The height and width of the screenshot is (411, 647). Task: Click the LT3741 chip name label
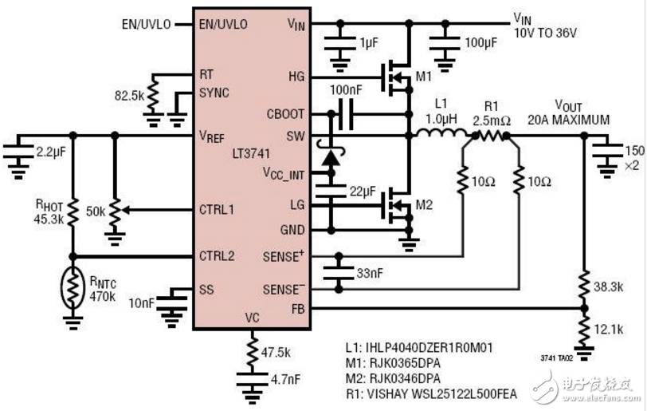(251, 154)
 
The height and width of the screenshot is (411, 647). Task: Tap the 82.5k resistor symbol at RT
(153, 95)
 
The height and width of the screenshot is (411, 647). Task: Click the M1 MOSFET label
(423, 77)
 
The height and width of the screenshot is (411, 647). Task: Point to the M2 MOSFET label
(424, 204)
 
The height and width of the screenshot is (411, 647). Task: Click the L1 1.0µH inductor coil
(442, 133)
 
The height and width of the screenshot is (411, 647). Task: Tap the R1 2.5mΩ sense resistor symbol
(491, 135)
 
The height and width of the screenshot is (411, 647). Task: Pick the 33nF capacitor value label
(370, 273)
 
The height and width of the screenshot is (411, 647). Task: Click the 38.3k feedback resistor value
(608, 287)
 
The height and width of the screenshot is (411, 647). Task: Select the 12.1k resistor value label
(608, 330)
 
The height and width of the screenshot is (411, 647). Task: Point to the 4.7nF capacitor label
(285, 378)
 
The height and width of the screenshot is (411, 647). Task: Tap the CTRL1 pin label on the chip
(216, 210)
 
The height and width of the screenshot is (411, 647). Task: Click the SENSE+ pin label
(283, 256)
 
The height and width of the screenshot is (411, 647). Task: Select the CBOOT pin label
(285, 113)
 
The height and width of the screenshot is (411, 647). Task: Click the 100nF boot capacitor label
(346, 90)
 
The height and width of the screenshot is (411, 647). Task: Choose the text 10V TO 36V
(545, 33)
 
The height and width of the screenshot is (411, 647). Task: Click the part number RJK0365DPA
(405, 363)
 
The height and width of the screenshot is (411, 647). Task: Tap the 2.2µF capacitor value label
(51, 152)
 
